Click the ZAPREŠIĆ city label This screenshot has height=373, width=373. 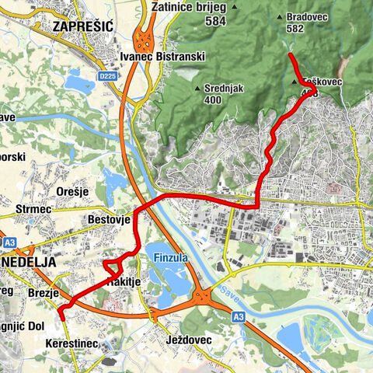[82, 26]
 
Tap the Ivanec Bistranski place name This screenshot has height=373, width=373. [160, 56]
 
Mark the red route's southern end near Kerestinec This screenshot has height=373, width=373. [61, 316]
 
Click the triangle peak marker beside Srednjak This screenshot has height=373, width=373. [197, 87]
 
